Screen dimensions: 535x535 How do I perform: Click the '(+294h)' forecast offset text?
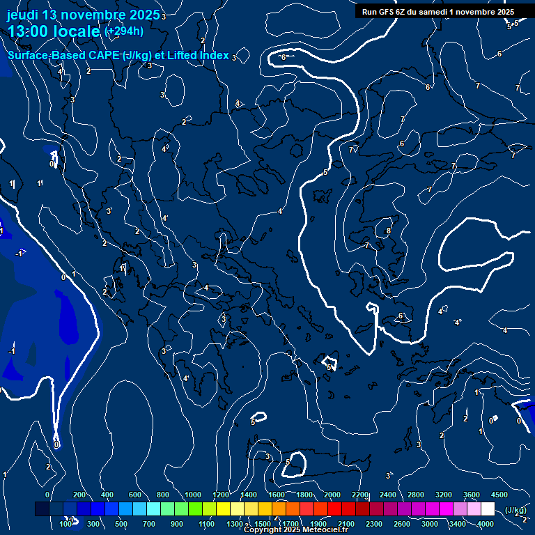point(124,31)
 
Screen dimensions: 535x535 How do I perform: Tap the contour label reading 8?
point(388,231)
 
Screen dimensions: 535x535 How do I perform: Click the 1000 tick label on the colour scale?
point(193,495)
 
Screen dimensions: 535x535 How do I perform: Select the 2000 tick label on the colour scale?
point(332,495)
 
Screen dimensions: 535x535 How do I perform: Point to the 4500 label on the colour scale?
point(499,495)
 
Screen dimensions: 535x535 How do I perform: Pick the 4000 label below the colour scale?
point(486,524)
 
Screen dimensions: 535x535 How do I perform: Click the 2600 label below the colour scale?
point(402,524)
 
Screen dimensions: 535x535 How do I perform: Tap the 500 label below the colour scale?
point(121,524)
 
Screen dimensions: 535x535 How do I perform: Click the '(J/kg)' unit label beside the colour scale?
point(515,511)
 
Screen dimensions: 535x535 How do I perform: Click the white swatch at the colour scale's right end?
point(488,509)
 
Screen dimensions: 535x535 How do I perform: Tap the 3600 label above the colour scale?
point(472,495)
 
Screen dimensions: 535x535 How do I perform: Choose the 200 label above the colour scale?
point(79,495)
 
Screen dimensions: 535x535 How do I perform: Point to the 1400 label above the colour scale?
point(249,495)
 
